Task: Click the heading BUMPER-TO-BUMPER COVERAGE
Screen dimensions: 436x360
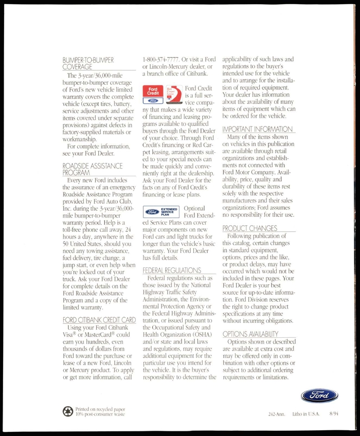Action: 87,63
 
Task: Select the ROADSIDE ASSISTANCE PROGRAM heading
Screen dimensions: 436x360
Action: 93,169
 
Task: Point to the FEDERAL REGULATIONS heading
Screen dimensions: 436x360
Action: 172,270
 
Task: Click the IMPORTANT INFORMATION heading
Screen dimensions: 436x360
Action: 257,129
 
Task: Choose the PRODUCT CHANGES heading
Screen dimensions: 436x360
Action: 250,228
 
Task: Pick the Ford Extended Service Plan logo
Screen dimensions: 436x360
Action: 161,212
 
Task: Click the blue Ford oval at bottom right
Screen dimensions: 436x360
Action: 319,395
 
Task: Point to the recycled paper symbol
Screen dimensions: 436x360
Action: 67,411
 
